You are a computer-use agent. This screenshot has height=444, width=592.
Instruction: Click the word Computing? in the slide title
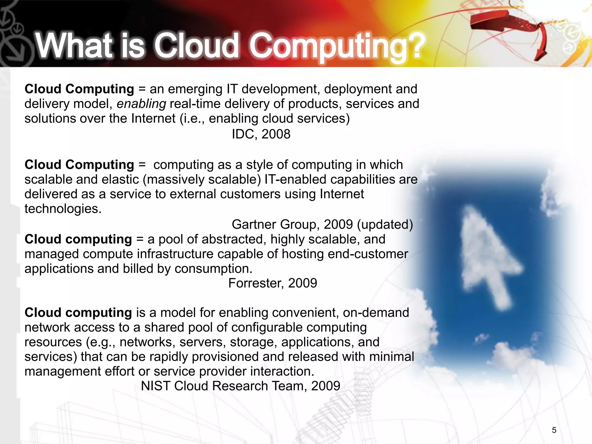pos(337,46)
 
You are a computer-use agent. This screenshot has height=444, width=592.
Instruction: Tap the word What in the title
pos(74,46)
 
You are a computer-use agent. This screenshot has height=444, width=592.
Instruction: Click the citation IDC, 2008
pos(261,134)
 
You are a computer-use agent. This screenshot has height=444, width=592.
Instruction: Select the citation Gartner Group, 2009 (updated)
pos(322,224)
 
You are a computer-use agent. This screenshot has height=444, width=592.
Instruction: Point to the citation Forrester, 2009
pos(273,283)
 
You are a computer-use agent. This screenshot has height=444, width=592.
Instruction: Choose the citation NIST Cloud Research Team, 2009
pos(240,386)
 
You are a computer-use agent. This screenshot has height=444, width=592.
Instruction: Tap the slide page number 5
pos(554,430)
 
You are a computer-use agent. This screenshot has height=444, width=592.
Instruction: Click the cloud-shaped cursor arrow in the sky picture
pos(486,257)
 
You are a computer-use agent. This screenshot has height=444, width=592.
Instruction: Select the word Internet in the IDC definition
pos(153,119)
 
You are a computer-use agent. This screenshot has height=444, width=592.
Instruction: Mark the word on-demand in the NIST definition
pos(376,313)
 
